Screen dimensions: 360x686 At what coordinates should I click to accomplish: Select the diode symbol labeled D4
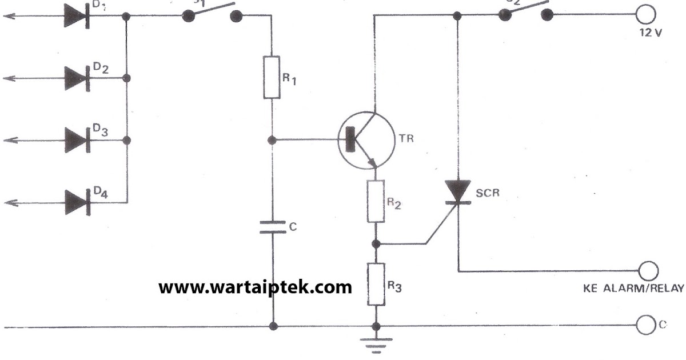(75, 202)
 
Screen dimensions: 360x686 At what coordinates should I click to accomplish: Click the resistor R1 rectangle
(272, 77)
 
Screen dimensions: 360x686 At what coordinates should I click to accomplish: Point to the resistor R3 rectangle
(376, 284)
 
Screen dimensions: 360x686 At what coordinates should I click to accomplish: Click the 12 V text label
(651, 33)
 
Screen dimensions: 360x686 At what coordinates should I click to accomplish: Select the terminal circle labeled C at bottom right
(645, 326)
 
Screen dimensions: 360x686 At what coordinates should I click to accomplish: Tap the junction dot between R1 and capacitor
(273, 139)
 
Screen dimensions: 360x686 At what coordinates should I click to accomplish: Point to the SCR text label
(488, 193)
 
